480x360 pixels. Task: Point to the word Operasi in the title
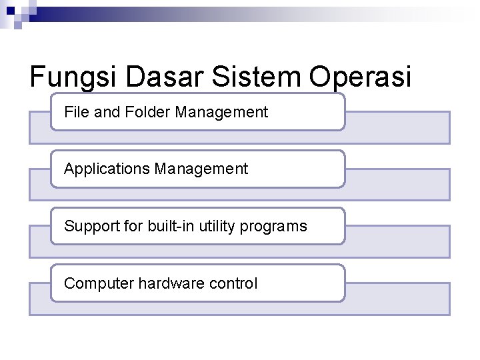[x=360, y=77]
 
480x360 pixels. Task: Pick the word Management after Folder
[x=221, y=112]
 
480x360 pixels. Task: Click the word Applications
[x=107, y=169]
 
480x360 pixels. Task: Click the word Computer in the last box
[x=99, y=283]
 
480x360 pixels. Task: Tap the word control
[x=233, y=283]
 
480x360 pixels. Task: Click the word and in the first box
[x=106, y=112]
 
